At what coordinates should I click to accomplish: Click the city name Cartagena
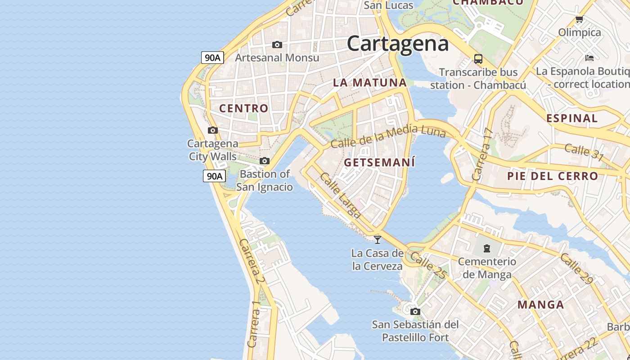(398, 44)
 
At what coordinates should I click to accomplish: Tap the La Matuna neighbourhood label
(370, 83)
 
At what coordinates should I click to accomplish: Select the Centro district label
(243, 108)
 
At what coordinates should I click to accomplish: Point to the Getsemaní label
(379, 162)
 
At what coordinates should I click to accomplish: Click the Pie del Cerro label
(553, 176)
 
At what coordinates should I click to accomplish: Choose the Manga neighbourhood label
(540, 305)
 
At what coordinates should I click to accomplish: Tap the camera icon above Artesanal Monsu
(277, 45)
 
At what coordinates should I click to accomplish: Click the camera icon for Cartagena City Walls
(212, 130)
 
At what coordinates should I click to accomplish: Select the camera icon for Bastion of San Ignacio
(265, 161)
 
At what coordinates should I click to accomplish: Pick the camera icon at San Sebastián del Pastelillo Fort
(415, 311)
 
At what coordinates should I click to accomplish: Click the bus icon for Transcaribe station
(478, 58)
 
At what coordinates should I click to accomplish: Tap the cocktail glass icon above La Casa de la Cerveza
(377, 239)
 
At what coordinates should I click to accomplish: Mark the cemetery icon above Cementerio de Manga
(486, 248)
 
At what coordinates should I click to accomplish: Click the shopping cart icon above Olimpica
(579, 19)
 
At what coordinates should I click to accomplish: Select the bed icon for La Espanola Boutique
(589, 58)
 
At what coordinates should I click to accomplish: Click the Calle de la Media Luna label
(388, 136)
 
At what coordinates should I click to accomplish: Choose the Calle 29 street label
(576, 269)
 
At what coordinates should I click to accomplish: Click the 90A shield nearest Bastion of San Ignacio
(214, 176)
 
